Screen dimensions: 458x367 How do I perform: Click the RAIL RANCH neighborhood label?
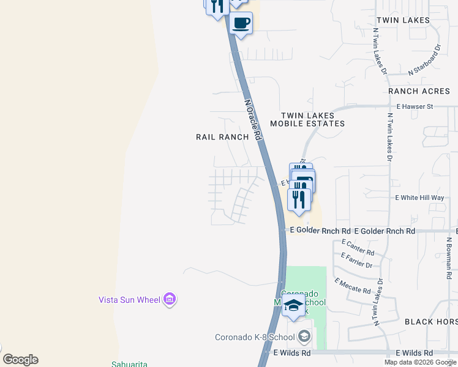[x=222, y=137]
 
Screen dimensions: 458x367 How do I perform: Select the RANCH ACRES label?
[x=419, y=91]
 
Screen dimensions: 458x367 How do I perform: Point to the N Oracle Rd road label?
[x=253, y=120]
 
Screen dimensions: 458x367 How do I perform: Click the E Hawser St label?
[x=415, y=106]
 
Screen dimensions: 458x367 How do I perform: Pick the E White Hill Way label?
[x=419, y=198]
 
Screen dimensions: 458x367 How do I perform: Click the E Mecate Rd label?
[x=353, y=286]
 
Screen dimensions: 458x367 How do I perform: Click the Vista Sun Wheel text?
[x=129, y=300]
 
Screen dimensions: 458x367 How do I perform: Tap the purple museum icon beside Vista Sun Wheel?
[x=170, y=299]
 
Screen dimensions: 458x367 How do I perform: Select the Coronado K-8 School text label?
[x=255, y=337]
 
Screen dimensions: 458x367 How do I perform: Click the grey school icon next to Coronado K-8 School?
[x=304, y=336]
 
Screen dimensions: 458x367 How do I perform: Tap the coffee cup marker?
[x=241, y=23]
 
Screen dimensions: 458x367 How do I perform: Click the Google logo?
[x=20, y=360]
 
